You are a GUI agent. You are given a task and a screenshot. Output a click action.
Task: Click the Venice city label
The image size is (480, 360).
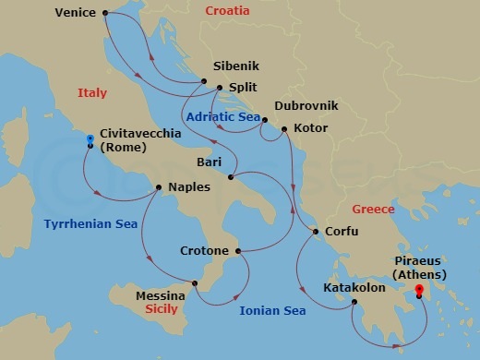click(x=76, y=13)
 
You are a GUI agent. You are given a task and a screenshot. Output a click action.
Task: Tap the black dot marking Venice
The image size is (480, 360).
click(x=105, y=13)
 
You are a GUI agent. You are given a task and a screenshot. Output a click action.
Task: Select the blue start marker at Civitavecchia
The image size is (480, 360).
click(x=90, y=139)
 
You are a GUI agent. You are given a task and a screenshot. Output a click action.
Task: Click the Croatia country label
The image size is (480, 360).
click(x=227, y=11)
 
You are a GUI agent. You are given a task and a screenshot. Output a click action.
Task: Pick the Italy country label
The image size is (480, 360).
click(x=92, y=93)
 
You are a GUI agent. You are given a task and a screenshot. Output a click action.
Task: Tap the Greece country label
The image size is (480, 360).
click(x=374, y=210)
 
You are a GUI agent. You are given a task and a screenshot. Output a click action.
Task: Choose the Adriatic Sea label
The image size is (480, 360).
click(x=222, y=117)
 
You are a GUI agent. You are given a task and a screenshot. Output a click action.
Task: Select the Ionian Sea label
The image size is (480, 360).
click(x=272, y=311)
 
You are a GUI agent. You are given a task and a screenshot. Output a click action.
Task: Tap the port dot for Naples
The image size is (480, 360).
click(x=159, y=187)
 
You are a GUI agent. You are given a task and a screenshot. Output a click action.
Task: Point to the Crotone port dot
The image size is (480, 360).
click(x=237, y=251)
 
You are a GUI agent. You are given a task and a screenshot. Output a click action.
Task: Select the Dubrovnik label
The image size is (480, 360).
click(x=304, y=106)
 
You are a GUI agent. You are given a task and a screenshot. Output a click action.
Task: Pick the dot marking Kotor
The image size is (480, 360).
click(x=283, y=128)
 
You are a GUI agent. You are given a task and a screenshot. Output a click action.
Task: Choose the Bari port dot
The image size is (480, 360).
click(x=232, y=176)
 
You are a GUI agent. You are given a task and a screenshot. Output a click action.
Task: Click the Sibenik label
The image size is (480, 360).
click(x=236, y=67)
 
